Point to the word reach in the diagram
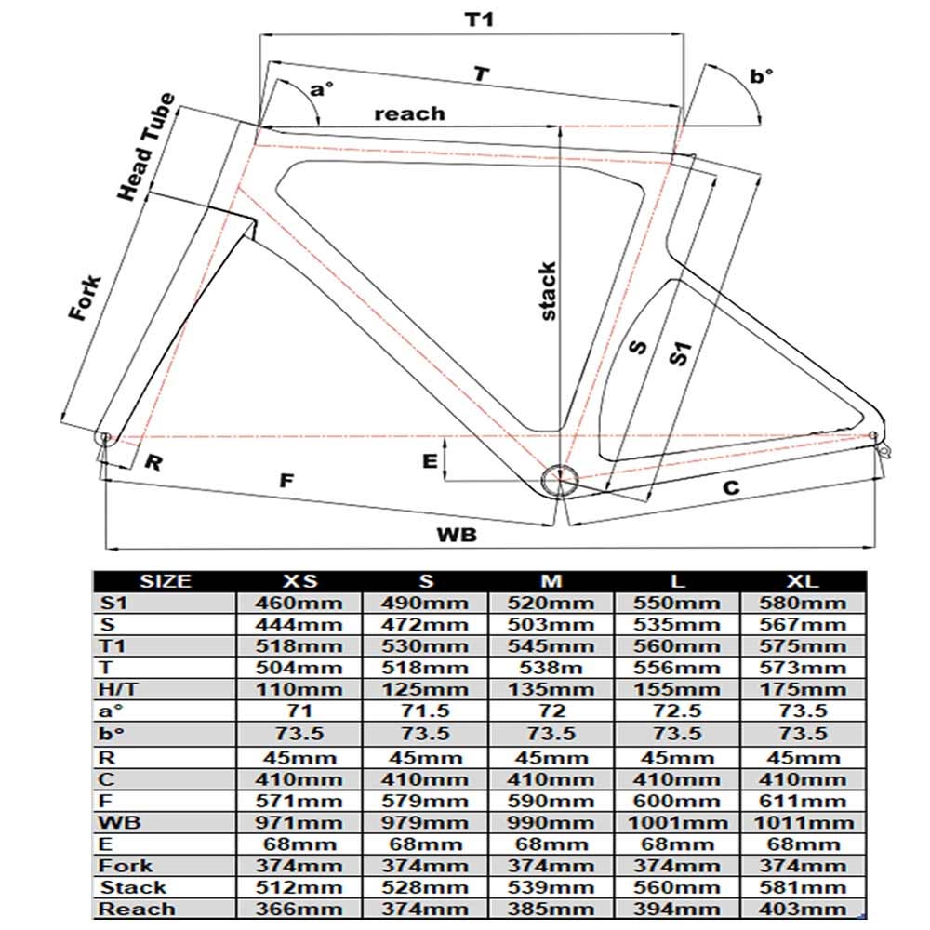point(409,113)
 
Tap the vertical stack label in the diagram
point(548,292)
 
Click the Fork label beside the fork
point(85,299)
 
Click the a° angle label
point(322,90)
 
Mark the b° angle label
point(762,76)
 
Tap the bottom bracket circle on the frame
point(561,481)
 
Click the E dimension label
point(429,462)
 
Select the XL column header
point(803,581)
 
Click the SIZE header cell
point(165,581)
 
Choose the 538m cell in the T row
point(551,667)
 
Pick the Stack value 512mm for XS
point(299,887)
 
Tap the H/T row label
point(119,689)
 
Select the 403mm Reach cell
point(803,910)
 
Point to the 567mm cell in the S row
point(803,623)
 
